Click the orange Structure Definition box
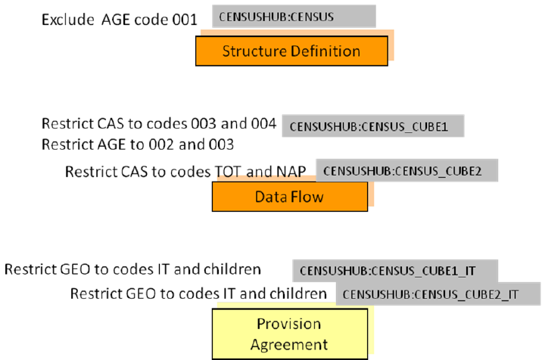291,51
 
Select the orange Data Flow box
290,197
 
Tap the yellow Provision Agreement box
290,334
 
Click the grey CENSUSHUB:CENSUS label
294,16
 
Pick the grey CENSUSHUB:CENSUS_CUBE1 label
373,126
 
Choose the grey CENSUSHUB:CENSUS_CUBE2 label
406,170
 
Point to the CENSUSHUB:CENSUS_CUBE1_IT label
395,271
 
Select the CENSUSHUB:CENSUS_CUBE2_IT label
438,293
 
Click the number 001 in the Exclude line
185,20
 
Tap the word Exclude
68,20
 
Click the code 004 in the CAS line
263,124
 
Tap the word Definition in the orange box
326,51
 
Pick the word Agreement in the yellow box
289,345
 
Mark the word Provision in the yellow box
289,324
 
